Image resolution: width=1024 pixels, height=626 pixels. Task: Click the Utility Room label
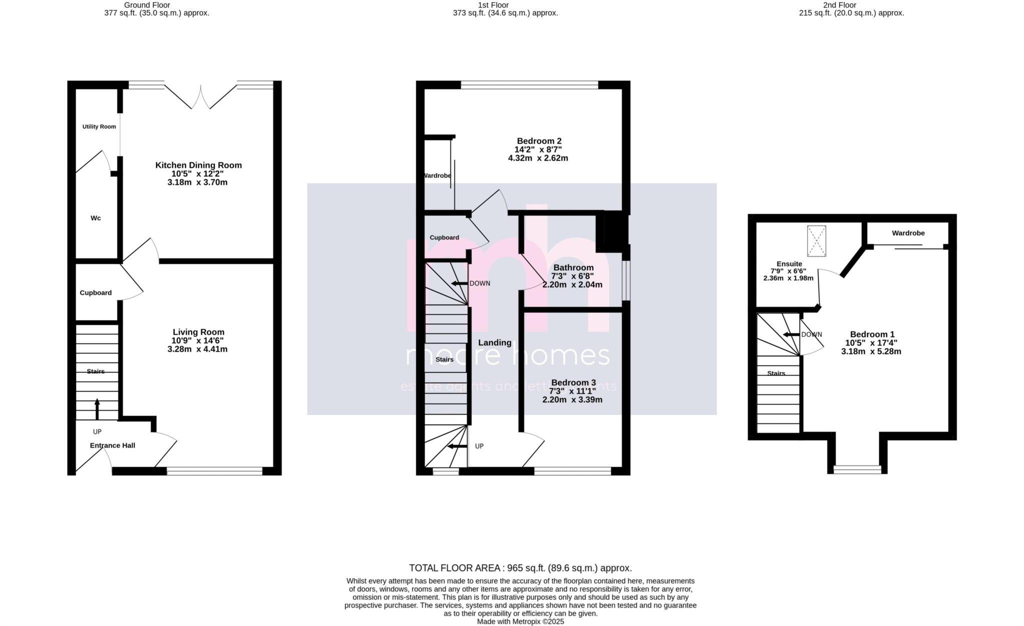coord(99,126)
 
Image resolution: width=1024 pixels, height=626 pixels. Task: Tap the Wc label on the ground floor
coord(95,218)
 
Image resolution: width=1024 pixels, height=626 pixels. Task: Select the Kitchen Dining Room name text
coord(198,165)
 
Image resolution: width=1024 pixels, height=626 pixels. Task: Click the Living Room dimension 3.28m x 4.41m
coord(197,349)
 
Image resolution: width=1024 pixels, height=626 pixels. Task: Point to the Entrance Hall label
coord(112,445)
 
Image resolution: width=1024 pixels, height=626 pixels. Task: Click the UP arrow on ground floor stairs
coord(97,409)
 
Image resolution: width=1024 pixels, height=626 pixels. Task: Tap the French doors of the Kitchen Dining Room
coord(200,97)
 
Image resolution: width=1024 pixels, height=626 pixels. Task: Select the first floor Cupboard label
coord(444,237)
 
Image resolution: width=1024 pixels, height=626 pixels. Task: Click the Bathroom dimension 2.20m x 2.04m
coord(572,284)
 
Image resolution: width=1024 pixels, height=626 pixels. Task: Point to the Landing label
coord(494,342)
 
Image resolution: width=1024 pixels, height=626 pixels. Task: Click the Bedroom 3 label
coord(573,382)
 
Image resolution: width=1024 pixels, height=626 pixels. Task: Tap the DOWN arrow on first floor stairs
coord(459,283)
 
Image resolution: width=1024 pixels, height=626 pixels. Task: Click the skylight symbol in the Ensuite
coord(816,241)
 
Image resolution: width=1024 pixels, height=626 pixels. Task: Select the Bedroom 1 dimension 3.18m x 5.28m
coord(871,351)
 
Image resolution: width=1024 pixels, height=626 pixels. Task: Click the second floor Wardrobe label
coord(908,233)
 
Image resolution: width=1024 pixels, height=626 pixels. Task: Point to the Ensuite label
coord(789,264)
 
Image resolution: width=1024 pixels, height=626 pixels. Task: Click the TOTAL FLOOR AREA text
coord(520,568)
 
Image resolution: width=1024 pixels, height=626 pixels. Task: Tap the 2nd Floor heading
coord(839,5)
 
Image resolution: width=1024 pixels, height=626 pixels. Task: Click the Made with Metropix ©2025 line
coord(520,621)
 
